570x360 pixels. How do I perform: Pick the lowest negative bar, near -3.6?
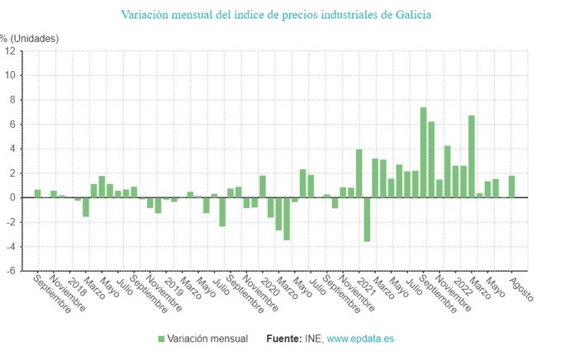point(367,220)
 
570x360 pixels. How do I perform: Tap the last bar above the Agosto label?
point(511,187)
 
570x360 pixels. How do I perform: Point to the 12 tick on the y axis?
point(10,51)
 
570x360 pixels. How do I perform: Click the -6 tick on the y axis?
point(10,271)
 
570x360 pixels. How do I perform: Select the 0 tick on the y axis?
point(12,198)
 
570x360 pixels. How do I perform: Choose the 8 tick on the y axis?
point(12,100)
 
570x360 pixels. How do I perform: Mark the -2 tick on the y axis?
point(10,222)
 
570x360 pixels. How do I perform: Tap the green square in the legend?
point(162,339)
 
